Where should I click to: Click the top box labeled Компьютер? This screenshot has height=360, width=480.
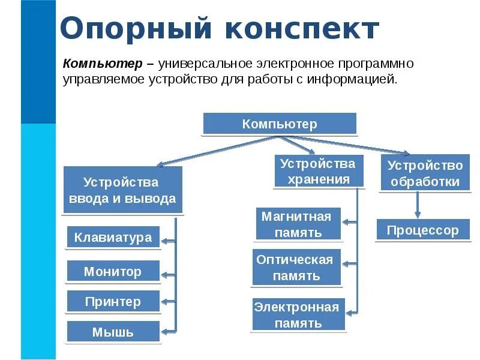[x=280, y=124]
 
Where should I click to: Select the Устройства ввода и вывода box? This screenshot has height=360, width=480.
[x=122, y=190]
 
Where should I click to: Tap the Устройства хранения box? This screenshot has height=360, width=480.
[x=318, y=171]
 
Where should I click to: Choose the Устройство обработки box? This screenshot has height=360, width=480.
[x=425, y=173]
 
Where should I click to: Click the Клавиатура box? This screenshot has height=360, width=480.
[x=113, y=238]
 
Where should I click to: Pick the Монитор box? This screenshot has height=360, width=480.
[x=113, y=271]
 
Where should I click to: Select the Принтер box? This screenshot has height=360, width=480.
[x=113, y=301]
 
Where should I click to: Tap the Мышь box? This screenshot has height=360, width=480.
[x=113, y=331]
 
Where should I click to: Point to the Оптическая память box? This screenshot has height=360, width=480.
[x=296, y=268]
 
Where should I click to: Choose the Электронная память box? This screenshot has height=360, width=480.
[x=298, y=314]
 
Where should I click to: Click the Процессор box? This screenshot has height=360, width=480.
[x=422, y=230]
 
